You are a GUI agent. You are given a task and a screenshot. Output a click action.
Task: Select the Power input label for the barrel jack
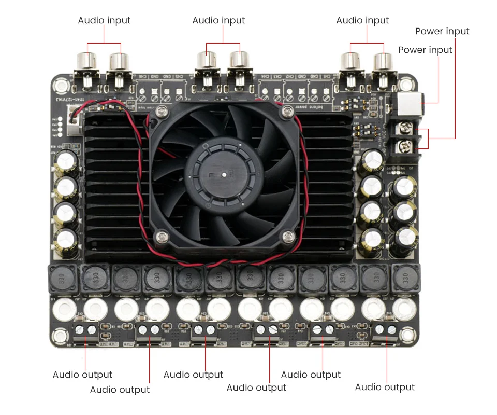(425, 50)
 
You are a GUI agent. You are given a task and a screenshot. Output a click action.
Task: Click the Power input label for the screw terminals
(442, 31)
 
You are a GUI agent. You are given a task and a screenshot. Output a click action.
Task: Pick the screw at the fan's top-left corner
(164, 110)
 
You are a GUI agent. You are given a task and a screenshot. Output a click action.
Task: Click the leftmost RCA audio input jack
(86, 62)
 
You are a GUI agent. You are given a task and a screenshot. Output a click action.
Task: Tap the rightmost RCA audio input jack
(384, 62)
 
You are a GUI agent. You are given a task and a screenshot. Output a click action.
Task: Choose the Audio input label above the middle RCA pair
(218, 20)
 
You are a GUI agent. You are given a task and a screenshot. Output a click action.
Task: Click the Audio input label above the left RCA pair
(104, 20)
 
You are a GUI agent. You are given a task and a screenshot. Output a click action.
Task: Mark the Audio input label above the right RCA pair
(362, 20)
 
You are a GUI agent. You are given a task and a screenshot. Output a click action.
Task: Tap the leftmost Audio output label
(82, 375)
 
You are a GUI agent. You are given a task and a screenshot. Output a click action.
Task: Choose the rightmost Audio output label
(385, 387)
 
